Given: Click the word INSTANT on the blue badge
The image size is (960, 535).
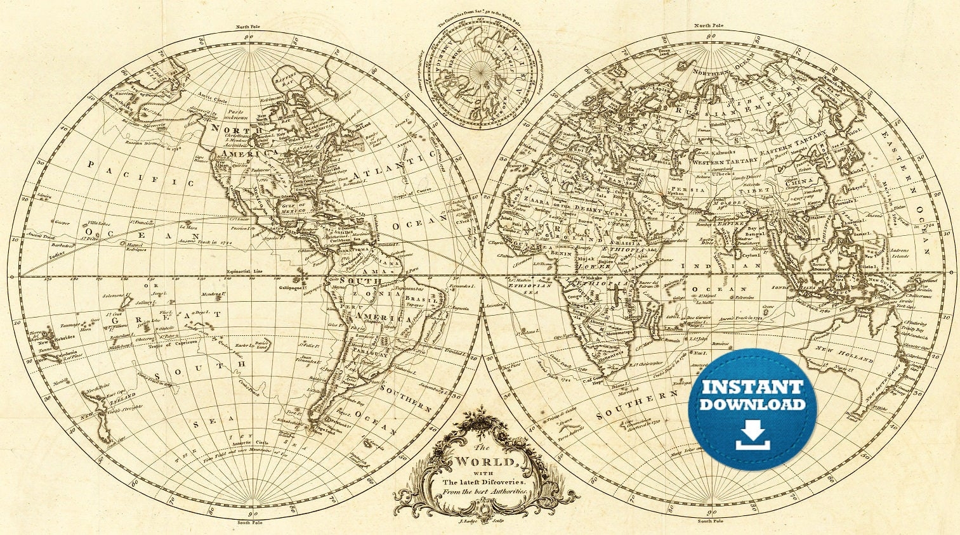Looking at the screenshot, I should [752, 387].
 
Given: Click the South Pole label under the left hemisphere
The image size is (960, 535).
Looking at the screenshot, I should [250, 522].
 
